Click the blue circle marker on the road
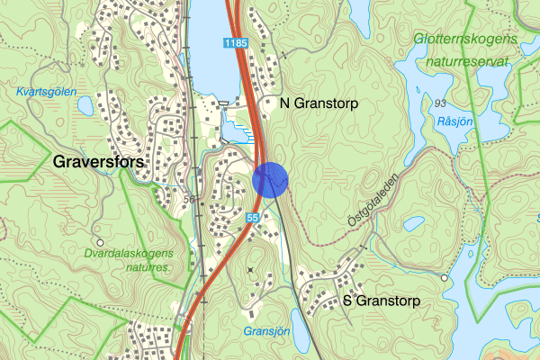pyautogui.click(x=270, y=178)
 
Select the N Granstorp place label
pyautogui.click(x=319, y=104)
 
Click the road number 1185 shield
pyautogui.click(x=236, y=43)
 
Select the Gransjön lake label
pyautogui.click(x=265, y=331)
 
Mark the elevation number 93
pyautogui.click(x=441, y=103)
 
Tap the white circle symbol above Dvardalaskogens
pyautogui.click(x=101, y=242)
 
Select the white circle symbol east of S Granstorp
pyautogui.click(x=444, y=278)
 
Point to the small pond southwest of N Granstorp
pyautogui.click(x=232, y=132)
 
